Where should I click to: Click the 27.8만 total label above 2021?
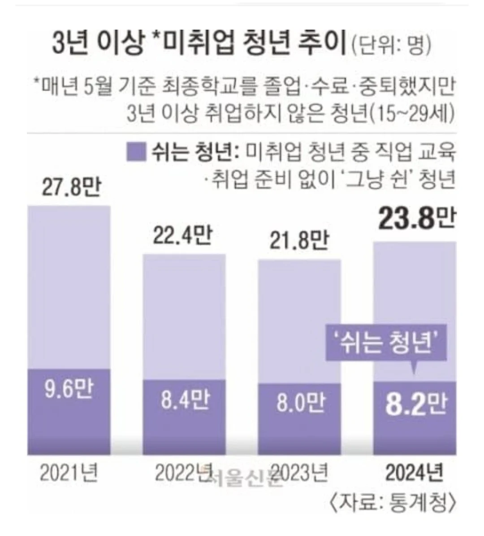click(71, 188)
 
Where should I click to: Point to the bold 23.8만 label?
click(416, 220)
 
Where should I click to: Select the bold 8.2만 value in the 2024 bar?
click(416, 404)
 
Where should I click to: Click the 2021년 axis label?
click(69, 472)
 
